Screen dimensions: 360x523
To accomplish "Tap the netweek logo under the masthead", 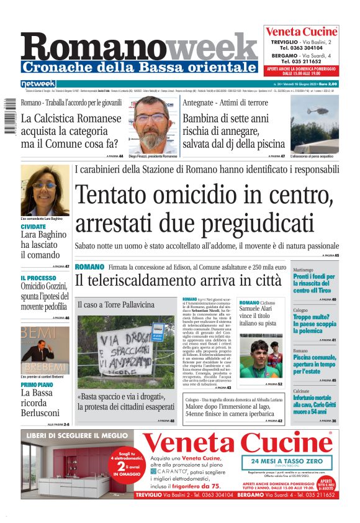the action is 38,84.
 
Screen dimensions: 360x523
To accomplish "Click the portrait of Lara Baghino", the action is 45,190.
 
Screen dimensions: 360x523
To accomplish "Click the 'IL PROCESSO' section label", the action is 38,278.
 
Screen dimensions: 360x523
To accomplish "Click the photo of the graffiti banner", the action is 126,352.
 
